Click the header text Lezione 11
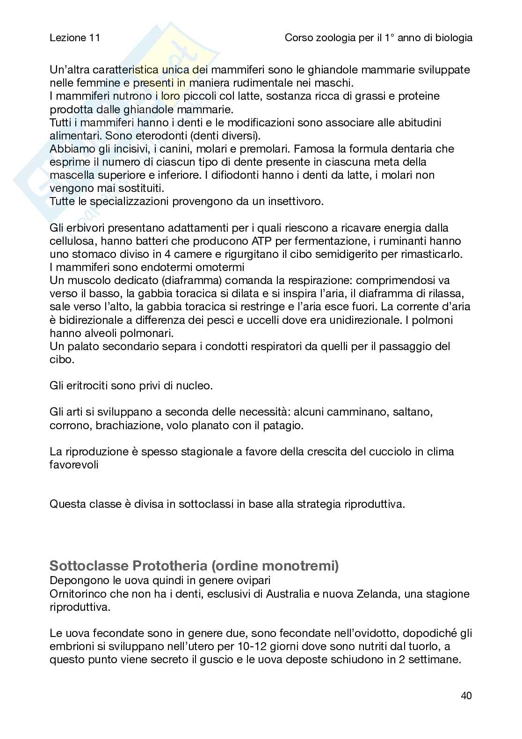[74, 38]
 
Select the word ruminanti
[407, 241]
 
